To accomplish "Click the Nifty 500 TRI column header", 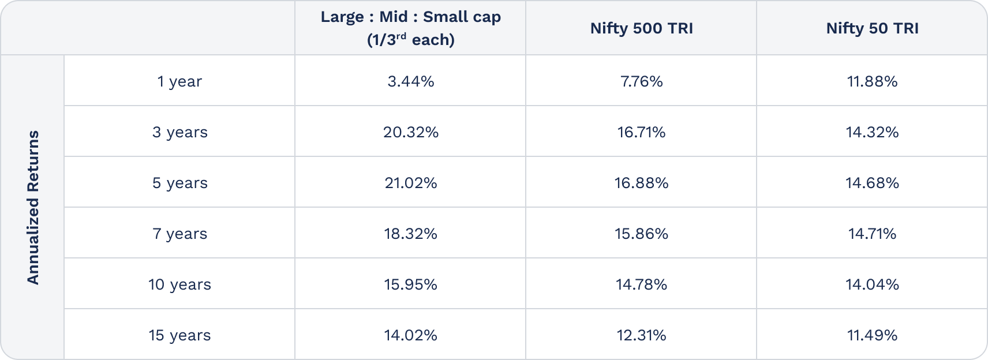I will pyautogui.click(x=641, y=28).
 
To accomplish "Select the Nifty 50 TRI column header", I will pyautogui.click(x=872, y=28).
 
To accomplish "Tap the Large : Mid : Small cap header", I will pyautogui.click(x=410, y=28).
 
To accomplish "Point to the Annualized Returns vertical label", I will pyautogui.click(x=33, y=207).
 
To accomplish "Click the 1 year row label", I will pyautogui.click(x=179, y=81).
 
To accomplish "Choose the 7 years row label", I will pyautogui.click(x=179, y=234).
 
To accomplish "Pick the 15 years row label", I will pyautogui.click(x=179, y=335).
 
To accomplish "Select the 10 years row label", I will pyautogui.click(x=179, y=284).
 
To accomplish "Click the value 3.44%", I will pyautogui.click(x=410, y=81).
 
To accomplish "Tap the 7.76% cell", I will pyautogui.click(x=641, y=81).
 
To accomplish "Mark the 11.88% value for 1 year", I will pyautogui.click(x=872, y=81).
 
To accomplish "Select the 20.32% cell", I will pyautogui.click(x=410, y=132).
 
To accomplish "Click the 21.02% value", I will pyautogui.click(x=410, y=183).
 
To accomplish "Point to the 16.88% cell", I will pyautogui.click(x=641, y=183).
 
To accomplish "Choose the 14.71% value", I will pyautogui.click(x=872, y=234).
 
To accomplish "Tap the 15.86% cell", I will pyautogui.click(x=641, y=234).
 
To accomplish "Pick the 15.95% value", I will pyautogui.click(x=410, y=284).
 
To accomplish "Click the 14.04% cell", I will pyautogui.click(x=872, y=284).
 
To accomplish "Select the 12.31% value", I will pyautogui.click(x=641, y=335).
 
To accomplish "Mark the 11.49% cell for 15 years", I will pyautogui.click(x=872, y=335).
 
